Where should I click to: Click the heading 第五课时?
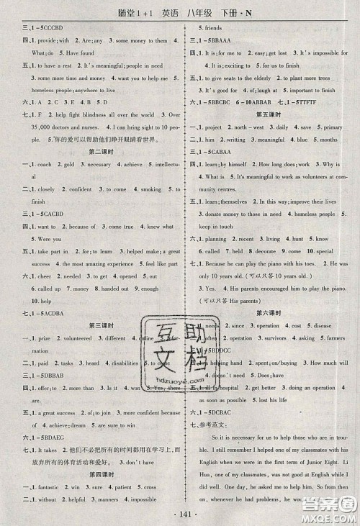point(269,114)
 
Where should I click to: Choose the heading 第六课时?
point(269,313)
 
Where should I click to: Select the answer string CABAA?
point(222,153)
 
